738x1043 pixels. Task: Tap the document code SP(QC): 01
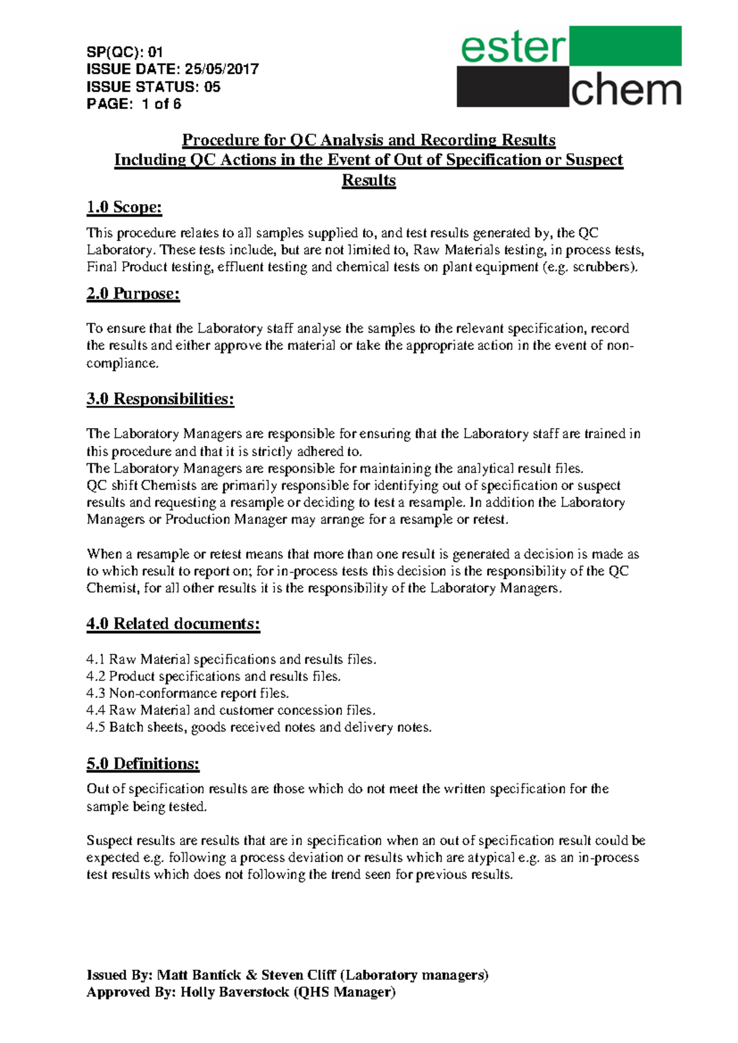(x=125, y=52)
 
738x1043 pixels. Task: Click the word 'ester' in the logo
(x=513, y=47)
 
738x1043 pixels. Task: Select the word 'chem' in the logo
(x=625, y=90)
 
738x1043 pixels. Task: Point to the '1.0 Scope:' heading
(x=124, y=207)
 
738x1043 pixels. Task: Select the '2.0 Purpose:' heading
(x=133, y=294)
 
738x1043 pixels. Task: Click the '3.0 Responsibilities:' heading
(x=161, y=399)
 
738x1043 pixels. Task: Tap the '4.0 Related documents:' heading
(x=173, y=624)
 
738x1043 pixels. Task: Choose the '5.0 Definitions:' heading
(x=143, y=764)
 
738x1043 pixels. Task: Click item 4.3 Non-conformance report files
(x=188, y=693)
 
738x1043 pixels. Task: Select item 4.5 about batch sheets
(x=259, y=728)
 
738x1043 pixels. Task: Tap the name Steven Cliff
(x=298, y=975)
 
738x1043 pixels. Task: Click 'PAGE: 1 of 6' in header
(x=133, y=104)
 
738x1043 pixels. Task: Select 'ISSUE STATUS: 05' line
(x=153, y=87)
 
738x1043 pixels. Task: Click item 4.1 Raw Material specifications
(x=231, y=659)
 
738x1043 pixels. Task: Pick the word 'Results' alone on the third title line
(x=369, y=180)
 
